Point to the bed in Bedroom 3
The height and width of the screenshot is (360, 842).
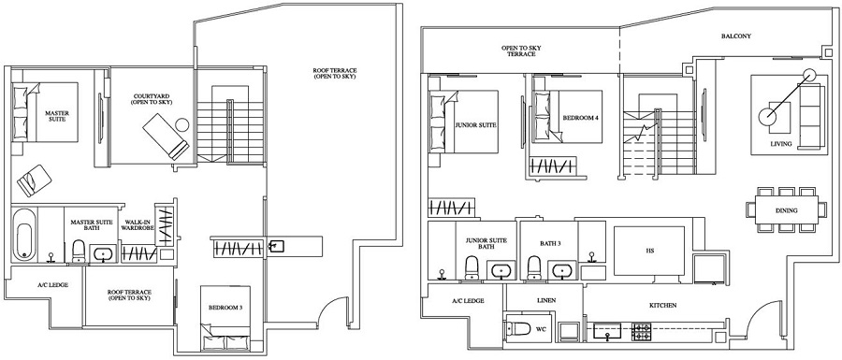[x=226, y=326]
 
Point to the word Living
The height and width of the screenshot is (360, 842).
[x=781, y=145]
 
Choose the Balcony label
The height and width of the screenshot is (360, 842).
[x=735, y=36]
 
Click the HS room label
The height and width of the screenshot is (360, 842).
[x=649, y=251]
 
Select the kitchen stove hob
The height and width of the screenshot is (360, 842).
[x=643, y=330]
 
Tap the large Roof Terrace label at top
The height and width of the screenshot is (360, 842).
[x=335, y=73]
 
